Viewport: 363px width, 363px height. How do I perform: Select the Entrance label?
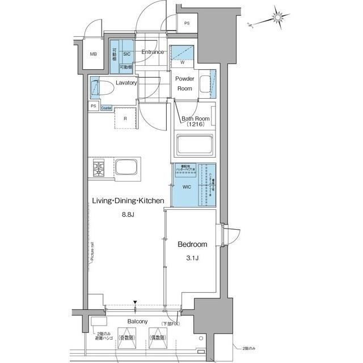(x=153, y=52)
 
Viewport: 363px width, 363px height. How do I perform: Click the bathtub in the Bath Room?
(x=195, y=145)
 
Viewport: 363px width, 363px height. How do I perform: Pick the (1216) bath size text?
(x=195, y=124)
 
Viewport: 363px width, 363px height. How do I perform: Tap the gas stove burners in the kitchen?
(x=100, y=168)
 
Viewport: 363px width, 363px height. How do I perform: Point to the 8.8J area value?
(x=129, y=214)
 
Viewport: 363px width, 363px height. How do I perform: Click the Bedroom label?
(x=192, y=244)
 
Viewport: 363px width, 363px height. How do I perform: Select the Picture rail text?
(x=92, y=252)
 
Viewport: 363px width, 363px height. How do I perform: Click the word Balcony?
(x=138, y=321)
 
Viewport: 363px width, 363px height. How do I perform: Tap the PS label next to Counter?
(x=92, y=106)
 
